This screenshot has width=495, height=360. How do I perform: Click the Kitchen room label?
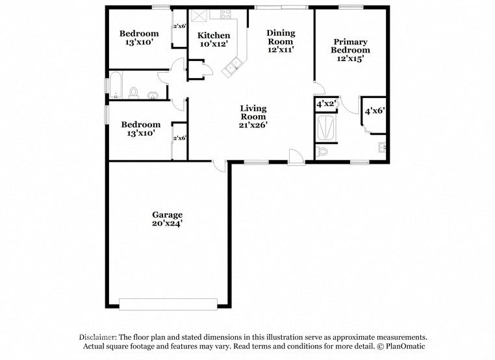(214, 35)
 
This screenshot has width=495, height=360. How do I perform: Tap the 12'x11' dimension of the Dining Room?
(281, 49)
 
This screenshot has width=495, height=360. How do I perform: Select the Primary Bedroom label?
(350, 46)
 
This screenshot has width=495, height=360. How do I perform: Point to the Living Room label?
(253, 112)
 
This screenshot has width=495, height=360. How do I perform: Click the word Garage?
(168, 215)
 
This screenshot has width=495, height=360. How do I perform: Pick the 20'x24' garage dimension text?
(168, 224)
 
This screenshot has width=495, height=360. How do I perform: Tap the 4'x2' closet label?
(326, 103)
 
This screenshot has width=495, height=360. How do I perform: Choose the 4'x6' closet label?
(375, 111)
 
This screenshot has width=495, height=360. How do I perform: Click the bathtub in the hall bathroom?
(116, 84)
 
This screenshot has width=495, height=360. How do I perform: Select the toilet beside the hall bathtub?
(134, 93)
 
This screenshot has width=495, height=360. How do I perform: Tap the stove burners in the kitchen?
(225, 14)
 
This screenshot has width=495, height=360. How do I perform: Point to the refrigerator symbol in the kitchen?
(198, 16)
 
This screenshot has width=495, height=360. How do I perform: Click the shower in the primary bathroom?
(326, 129)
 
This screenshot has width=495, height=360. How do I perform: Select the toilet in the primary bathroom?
(322, 151)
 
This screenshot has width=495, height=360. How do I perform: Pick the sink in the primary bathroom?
(382, 148)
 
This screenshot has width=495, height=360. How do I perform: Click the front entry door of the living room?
(296, 157)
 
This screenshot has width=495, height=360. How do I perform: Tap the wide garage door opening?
(168, 304)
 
